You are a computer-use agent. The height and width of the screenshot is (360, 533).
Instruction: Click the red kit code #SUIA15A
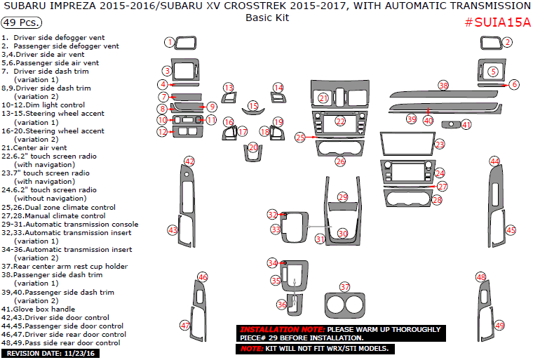tap(498, 22)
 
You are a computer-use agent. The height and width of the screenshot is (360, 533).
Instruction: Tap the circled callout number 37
tap(344, 287)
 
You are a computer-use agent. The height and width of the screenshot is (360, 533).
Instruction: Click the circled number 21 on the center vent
tap(323, 98)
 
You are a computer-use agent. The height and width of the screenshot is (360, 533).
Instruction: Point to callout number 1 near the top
tap(169, 42)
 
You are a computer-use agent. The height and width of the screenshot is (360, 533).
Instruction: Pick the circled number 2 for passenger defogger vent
tap(506, 43)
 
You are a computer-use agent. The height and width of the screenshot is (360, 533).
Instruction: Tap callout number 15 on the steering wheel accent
tap(252, 106)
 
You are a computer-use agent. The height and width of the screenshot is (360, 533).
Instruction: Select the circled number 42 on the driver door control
tap(189, 161)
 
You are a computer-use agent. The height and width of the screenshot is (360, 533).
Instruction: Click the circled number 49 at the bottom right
tap(499, 325)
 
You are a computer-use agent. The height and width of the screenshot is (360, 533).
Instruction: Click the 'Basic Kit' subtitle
tap(266, 18)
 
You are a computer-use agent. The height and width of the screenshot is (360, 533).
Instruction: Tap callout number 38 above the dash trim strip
tap(443, 85)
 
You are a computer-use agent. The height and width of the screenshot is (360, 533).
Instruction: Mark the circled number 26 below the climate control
tap(340, 161)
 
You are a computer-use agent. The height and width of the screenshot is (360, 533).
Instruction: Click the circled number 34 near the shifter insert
tap(273, 262)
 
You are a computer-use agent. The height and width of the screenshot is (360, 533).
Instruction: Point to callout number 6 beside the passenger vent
tap(514, 84)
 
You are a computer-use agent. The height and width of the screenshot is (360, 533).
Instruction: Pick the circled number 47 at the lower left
tap(185, 325)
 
